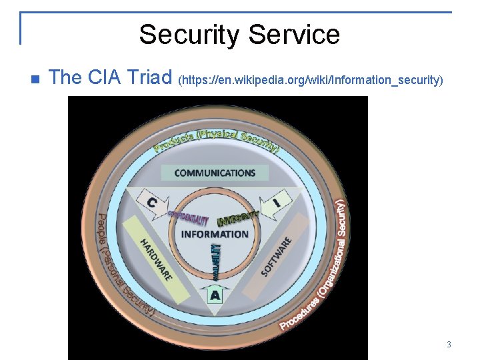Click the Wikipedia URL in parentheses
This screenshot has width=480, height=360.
coord(311,80)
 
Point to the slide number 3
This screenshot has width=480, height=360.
coord(449,345)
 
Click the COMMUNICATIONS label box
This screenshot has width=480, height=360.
coord(215,173)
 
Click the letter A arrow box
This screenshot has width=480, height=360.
coord(215,294)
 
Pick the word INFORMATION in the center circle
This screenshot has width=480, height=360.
coord(215,234)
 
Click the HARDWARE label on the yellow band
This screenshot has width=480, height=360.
coord(156,259)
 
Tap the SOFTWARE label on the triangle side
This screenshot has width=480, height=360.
coord(277,257)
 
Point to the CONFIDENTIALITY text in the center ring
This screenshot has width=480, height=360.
coord(189,218)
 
